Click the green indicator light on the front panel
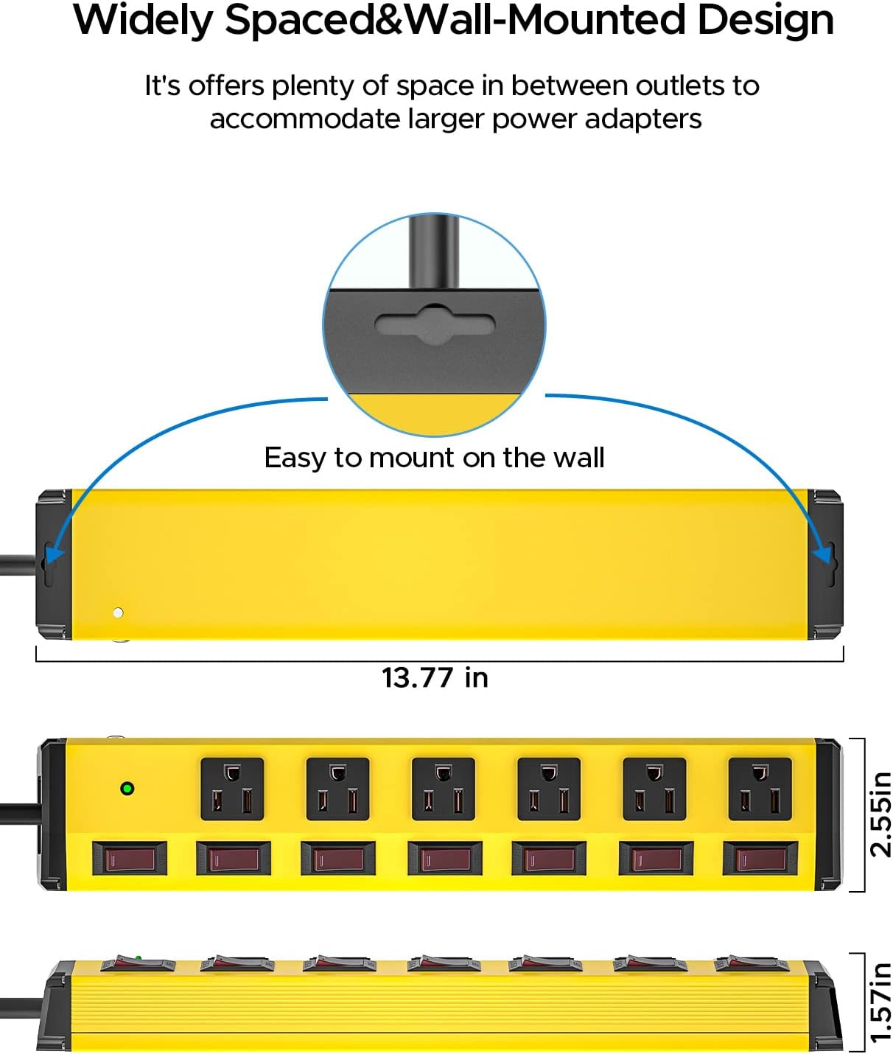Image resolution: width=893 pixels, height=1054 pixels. pyautogui.click(x=127, y=789)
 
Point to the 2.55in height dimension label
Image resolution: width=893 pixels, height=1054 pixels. pyautogui.click(x=880, y=814)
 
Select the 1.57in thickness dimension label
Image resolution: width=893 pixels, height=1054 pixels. pyautogui.click(x=880, y=1002)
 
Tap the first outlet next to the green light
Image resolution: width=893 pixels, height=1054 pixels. pyautogui.click(x=232, y=789)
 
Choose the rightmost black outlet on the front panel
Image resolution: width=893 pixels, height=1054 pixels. pyautogui.click(x=760, y=789)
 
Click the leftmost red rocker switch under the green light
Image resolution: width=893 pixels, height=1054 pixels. pyautogui.click(x=130, y=859)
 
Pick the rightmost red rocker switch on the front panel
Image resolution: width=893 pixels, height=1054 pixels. pyautogui.click(x=760, y=859)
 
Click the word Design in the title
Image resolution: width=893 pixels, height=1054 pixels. pyautogui.click(x=766, y=20)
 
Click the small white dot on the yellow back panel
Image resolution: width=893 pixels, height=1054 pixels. pyautogui.click(x=118, y=612)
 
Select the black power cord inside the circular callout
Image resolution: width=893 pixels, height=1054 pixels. pyautogui.click(x=434, y=251)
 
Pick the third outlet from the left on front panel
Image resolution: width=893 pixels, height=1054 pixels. pyautogui.click(x=443, y=789)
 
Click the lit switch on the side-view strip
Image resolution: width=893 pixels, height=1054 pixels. pyautogui.click(x=137, y=962)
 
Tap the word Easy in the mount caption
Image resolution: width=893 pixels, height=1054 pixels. pyautogui.click(x=295, y=458)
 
